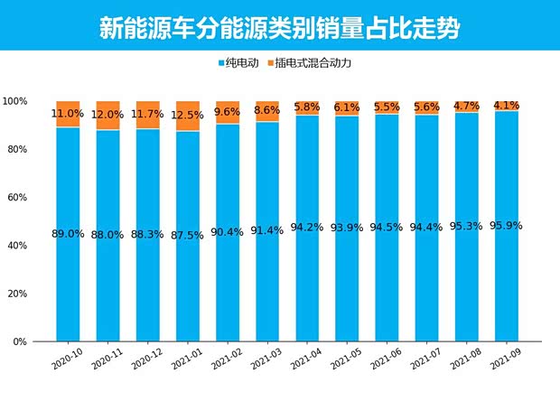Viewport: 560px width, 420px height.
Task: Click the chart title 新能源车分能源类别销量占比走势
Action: click(279, 27)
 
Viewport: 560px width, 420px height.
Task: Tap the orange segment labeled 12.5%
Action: click(188, 116)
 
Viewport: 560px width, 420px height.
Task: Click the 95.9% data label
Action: click(507, 226)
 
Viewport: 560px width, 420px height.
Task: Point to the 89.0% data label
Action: click(69, 233)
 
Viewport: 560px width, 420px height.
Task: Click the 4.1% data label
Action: click(507, 106)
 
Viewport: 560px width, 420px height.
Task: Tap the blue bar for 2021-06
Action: click(387, 271)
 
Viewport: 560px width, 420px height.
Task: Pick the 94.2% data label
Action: click(307, 228)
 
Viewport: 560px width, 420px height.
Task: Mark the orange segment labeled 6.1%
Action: click(347, 107)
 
